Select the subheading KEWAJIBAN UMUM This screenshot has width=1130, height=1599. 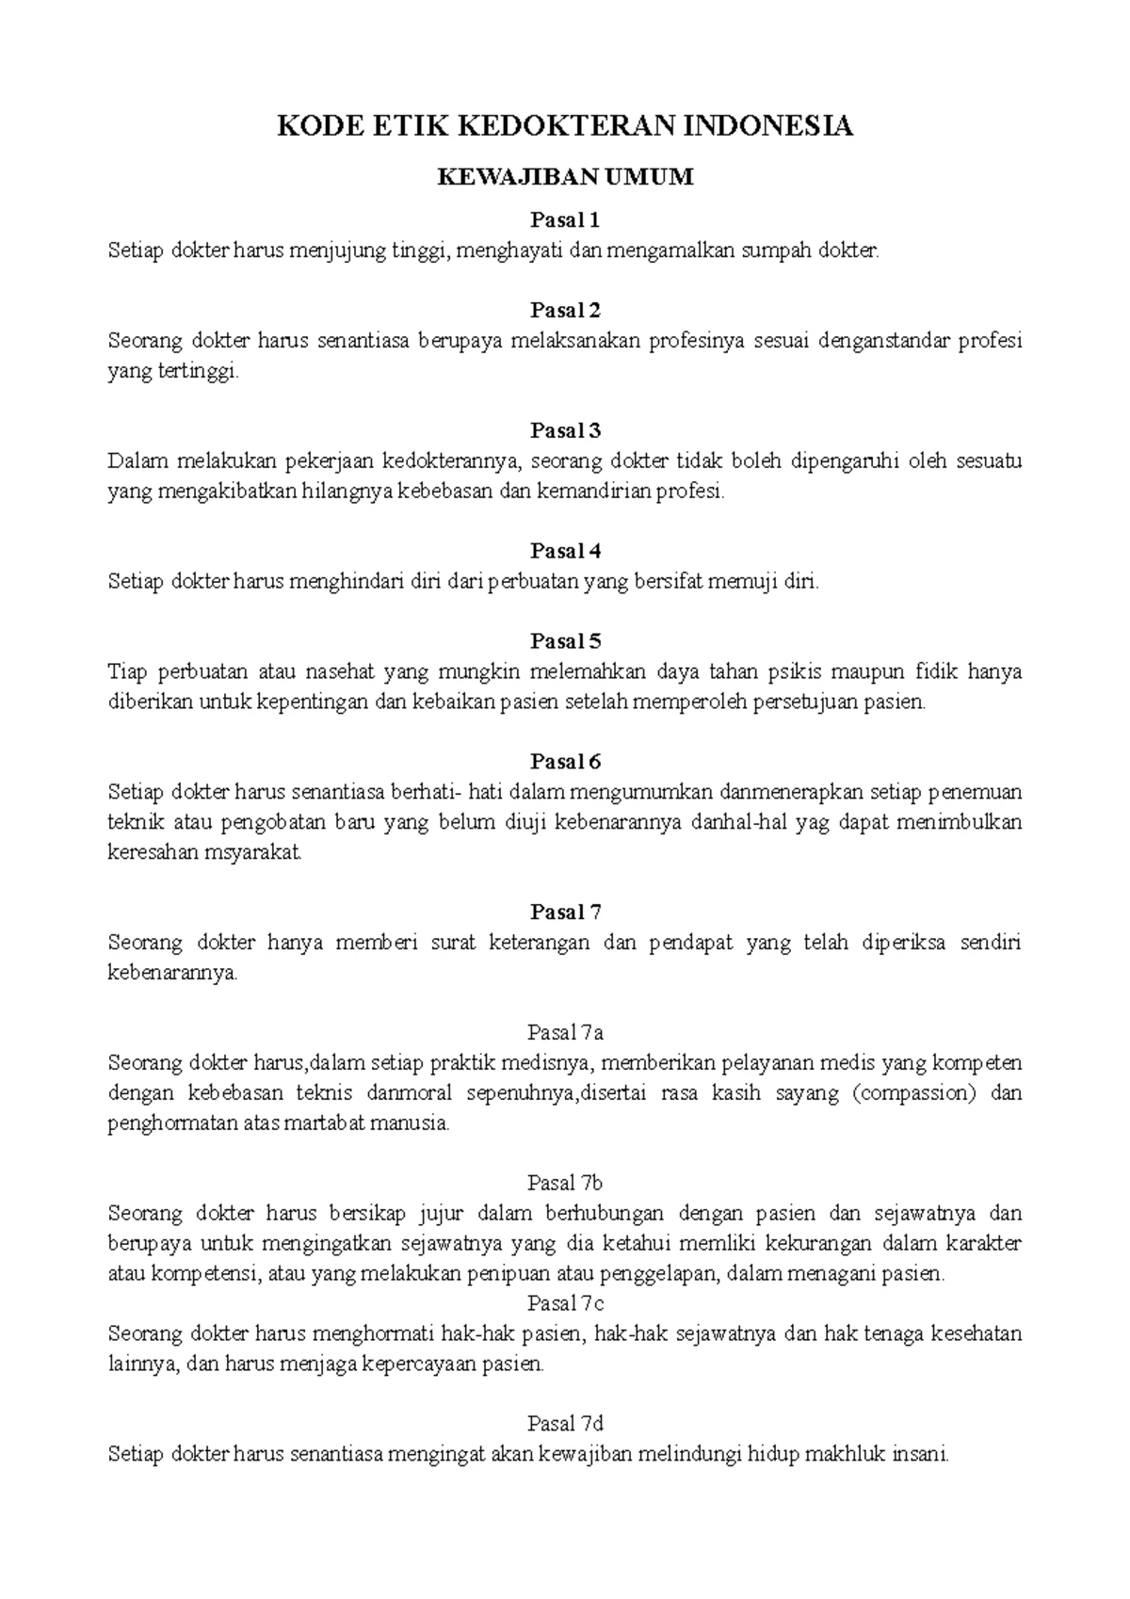point(565,177)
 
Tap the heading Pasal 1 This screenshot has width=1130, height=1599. point(565,220)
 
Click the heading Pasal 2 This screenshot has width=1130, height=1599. point(565,311)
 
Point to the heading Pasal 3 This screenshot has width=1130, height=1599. point(565,430)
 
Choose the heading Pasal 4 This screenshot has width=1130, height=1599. point(565,551)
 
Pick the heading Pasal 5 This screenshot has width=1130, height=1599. point(565,641)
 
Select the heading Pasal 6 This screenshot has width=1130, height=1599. point(565,761)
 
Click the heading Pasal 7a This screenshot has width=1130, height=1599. point(565,1032)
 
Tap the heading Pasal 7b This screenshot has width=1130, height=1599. point(565,1183)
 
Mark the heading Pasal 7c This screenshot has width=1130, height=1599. point(565,1303)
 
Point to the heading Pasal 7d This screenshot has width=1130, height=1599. point(565,1423)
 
